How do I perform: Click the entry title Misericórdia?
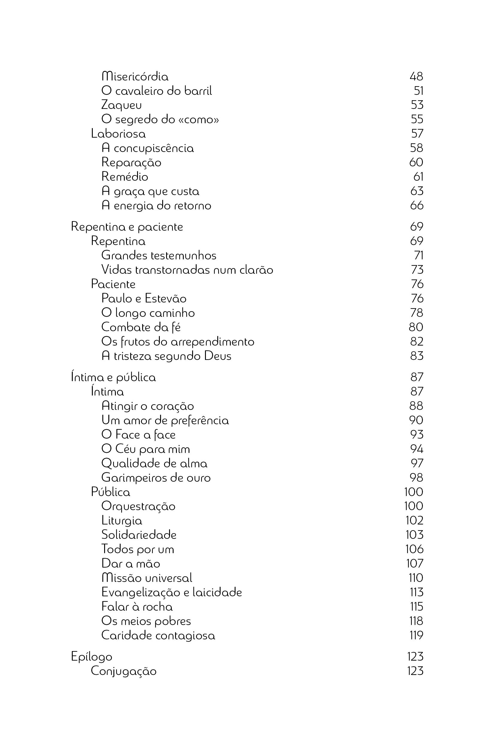[135, 76]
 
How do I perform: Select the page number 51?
[418, 91]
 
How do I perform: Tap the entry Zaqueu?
[122, 105]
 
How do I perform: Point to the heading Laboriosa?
[119, 134]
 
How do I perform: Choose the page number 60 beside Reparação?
[416, 162]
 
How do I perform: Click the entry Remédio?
[125, 177]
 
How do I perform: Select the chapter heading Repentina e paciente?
[127, 227]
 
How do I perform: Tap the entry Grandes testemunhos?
[159, 255]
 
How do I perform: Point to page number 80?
[416, 327]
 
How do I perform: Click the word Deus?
[218, 356]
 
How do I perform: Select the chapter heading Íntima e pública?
[113, 378]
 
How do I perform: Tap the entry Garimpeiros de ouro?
[156, 478]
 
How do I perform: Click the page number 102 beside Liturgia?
[414, 520]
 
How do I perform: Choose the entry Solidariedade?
[139, 535]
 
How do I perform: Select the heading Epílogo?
[92, 657]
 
